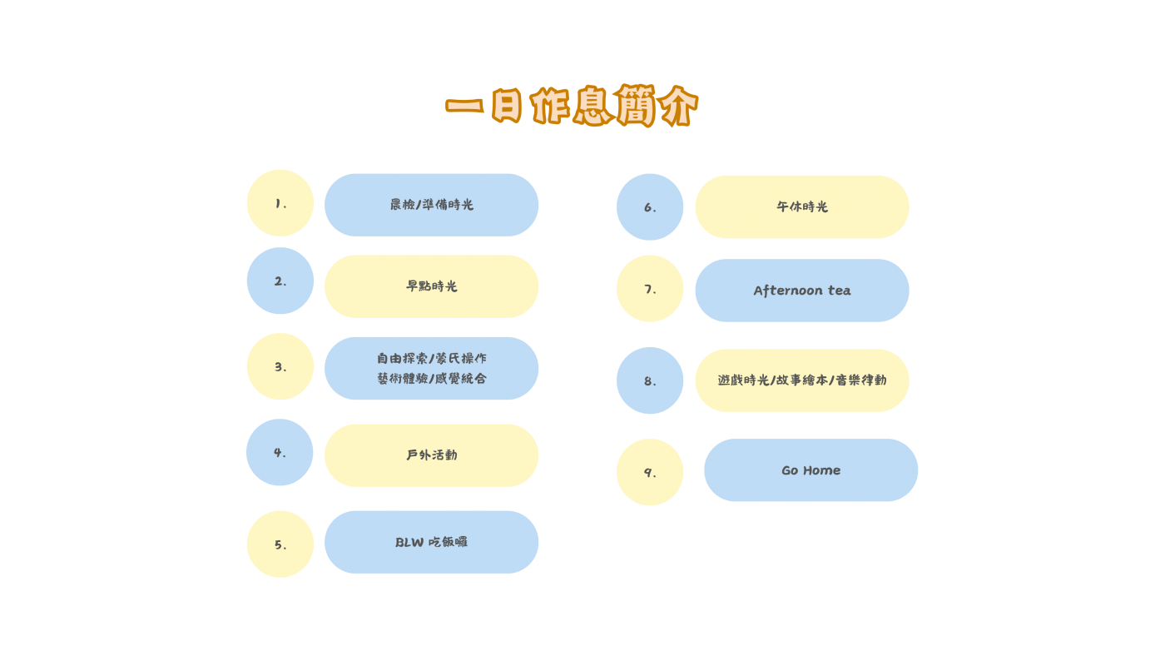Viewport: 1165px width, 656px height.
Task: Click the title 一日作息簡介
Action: click(x=571, y=106)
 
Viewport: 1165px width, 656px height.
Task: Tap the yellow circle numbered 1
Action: click(x=280, y=203)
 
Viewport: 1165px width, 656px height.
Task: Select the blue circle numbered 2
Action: click(x=280, y=281)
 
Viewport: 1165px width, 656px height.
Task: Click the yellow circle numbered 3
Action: click(x=280, y=366)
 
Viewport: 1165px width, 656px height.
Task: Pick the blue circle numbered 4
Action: click(x=280, y=452)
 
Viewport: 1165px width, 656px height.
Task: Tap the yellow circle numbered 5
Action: click(x=280, y=544)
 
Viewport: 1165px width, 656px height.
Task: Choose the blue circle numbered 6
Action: click(x=650, y=207)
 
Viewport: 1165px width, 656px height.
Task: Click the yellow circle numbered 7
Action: click(x=650, y=289)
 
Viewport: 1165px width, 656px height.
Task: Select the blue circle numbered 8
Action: click(x=650, y=380)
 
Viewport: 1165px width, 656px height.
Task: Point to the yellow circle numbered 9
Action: click(x=650, y=472)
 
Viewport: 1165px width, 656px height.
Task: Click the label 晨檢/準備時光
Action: click(x=432, y=205)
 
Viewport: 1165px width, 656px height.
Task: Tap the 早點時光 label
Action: click(x=432, y=286)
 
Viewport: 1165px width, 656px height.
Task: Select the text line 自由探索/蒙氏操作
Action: click(x=432, y=359)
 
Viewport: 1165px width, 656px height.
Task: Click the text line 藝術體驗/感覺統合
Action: click(x=432, y=378)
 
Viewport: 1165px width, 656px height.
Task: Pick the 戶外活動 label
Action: click(x=432, y=455)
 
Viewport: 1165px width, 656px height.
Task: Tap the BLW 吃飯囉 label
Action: click(x=432, y=542)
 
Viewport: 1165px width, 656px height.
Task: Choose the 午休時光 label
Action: click(x=802, y=206)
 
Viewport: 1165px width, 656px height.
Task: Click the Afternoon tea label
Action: click(x=802, y=291)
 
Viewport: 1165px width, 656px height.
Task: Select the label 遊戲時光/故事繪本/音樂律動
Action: click(x=802, y=380)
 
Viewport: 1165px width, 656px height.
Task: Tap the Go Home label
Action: click(x=811, y=470)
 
